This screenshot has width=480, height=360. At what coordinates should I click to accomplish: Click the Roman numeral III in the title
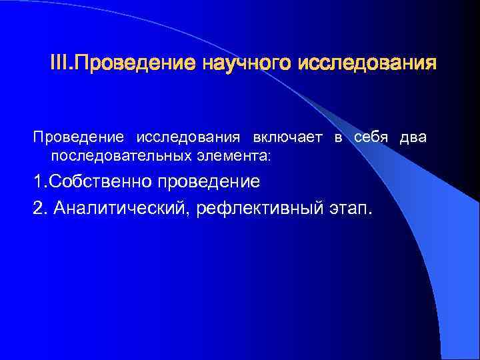[60, 65]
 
